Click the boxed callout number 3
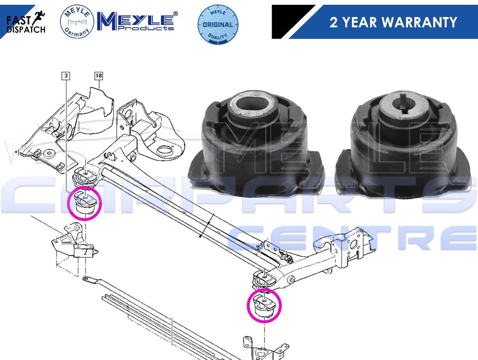coord(66,76)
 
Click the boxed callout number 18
coord(99,76)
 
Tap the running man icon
coord(38,18)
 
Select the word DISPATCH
coord(26,29)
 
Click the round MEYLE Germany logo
coord(77,22)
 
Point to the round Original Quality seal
coord(218,24)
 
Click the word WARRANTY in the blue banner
coord(419,22)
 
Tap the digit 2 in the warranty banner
coord(333,22)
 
